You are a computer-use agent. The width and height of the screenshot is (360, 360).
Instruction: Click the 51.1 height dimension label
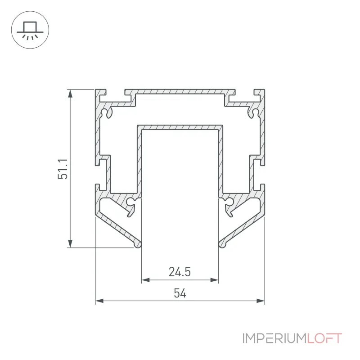click(63, 169)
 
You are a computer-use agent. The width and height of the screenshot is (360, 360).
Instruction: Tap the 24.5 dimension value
click(180, 272)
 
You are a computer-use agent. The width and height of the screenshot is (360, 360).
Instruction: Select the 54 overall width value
click(180, 293)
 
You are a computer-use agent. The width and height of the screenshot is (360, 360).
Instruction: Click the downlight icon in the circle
click(30, 30)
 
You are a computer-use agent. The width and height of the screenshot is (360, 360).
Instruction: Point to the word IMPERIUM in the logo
click(274, 338)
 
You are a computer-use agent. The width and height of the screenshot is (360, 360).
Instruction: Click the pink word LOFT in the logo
click(324, 338)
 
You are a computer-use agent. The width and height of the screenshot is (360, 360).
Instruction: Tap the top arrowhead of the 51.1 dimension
click(70, 94)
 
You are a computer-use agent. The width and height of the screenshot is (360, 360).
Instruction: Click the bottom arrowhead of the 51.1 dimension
click(70, 243)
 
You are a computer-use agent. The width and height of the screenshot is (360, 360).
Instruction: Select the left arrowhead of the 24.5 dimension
click(145, 280)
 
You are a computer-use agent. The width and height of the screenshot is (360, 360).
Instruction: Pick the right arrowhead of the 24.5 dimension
click(214, 280)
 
